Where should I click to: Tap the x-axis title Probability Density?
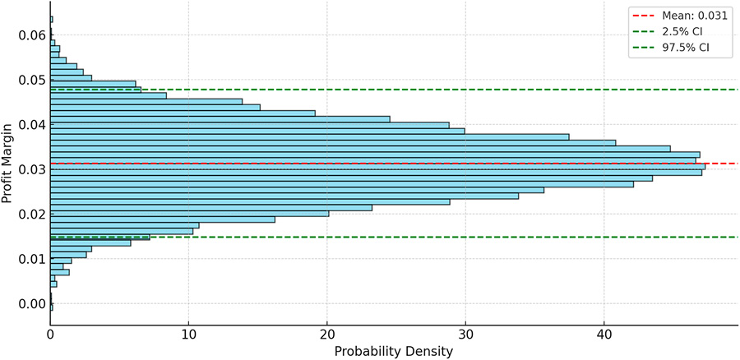tap(393, 351)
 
